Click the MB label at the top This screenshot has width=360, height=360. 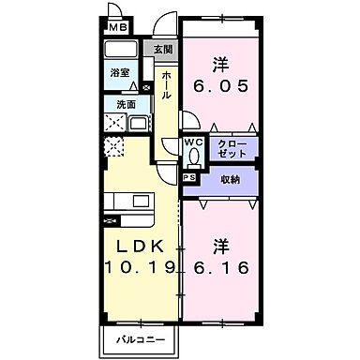click(x=116, y=28)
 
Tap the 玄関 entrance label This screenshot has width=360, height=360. click(x=163, y=50)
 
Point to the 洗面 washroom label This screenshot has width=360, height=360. click(x=126, y=105)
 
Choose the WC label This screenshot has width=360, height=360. click(x=191, y=142)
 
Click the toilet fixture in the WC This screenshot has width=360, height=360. click(x=192, y=157)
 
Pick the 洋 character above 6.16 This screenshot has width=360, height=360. click(x=222, y=246)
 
